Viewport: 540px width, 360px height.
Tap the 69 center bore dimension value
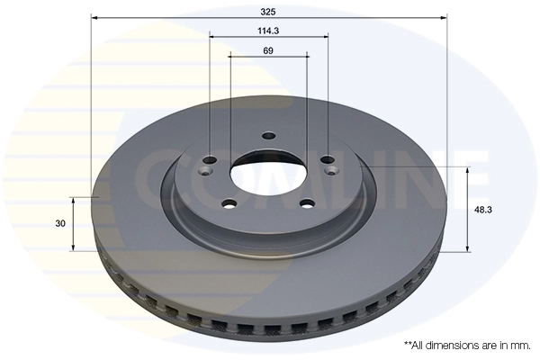pyautogui.click(x=268, y=50)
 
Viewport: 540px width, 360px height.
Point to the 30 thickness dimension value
pyautogui.click(x=60, y=222)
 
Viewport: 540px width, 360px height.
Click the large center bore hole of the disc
pyautogui.click(x=268, y=173)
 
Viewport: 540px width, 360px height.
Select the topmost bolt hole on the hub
pyautogui.click(x=268, y=137)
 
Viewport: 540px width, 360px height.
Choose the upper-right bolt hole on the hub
pyautogui.click(x=328, y=162)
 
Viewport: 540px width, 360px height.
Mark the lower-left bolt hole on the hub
pyautogui.click(x=229, y=203)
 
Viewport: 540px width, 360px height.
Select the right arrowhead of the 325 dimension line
pyautogui.click(x=444, y=16)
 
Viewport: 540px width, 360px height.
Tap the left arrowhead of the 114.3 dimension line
pyautogui.click(x=213, y=37)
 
